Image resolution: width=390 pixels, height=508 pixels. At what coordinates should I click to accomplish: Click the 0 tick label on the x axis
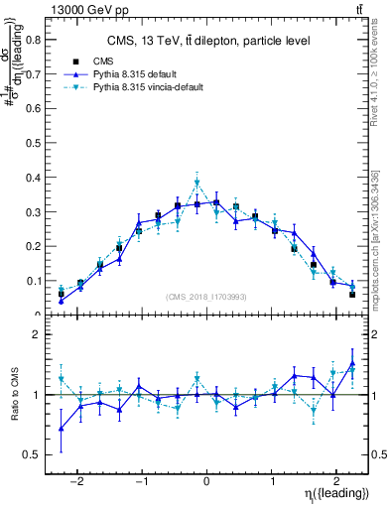click(x=206, y=476)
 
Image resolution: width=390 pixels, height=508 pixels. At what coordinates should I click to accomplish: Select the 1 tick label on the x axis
click(x=272, y=476)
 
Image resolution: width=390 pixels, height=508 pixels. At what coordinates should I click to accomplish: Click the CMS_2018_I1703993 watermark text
click(x=206, y=297)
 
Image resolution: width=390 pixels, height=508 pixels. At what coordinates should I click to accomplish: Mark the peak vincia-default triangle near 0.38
click(x=197, y=183)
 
